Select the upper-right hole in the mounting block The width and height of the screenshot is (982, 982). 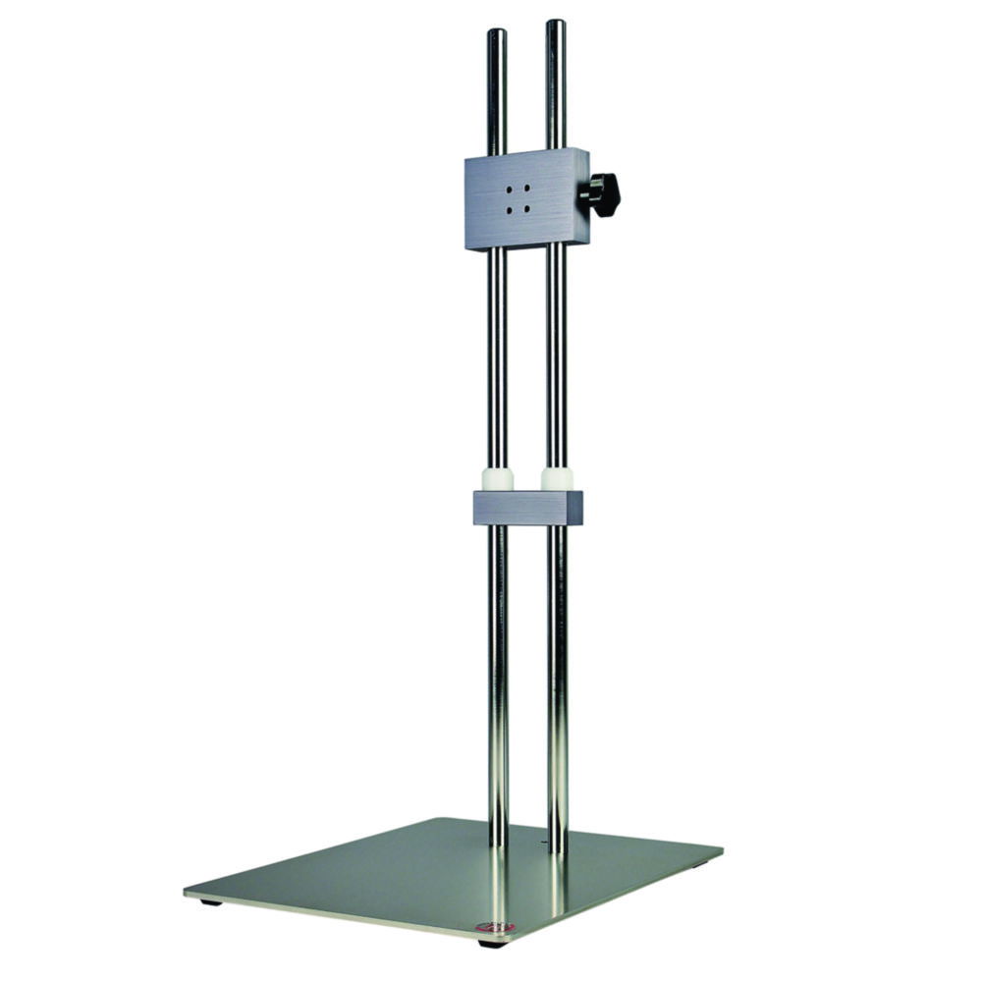[x=527, y=188]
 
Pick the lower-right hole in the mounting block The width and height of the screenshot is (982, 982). [x=527, y=208]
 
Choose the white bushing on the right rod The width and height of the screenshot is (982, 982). [x=557, y=479]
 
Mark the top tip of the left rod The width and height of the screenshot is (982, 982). [x=497, y=31]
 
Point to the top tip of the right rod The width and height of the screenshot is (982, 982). [x=556, y=23]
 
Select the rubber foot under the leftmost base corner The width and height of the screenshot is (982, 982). [x=209, y=901]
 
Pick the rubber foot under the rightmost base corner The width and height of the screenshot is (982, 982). [x=700, y=864]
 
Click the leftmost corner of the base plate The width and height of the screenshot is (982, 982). [x=186, y=892]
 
